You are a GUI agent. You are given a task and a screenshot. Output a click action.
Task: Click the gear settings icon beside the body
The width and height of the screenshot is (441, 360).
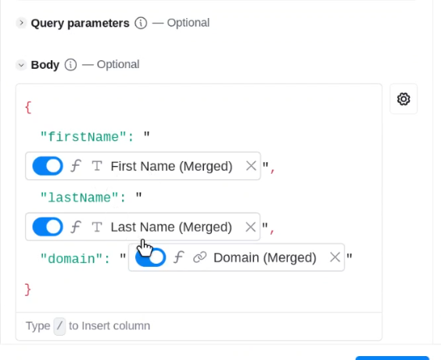pyautogui.click(x=403, y=99)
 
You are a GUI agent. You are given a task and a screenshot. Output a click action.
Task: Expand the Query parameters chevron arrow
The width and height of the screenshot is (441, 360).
pyautogui.click(x=21, y=23)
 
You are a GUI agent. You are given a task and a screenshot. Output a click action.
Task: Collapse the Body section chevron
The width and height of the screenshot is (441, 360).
pyautogui.click(x=21, y=65)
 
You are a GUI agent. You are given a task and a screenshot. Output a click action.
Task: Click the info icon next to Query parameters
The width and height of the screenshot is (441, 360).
pyautogui.click(x=141, y=23)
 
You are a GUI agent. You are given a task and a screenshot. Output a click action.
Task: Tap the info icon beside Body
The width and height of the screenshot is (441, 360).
pyautogui.click(x=70, y=65)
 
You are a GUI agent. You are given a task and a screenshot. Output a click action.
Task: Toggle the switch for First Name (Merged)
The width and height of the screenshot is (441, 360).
pyautogui.click(x=48, y=166)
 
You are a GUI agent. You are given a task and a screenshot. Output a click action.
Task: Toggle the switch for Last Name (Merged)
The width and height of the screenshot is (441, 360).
pyautogui.click(x=48, y=227)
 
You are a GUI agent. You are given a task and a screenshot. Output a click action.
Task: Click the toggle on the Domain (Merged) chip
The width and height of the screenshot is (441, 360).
pyautogui.click(x=150, y=257)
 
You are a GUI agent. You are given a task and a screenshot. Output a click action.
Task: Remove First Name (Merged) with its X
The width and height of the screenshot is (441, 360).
pyautogui.click(x=251, y=166)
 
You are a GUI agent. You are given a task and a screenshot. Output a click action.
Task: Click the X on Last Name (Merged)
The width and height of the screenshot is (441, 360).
pyautogui.click(x=250, y=227)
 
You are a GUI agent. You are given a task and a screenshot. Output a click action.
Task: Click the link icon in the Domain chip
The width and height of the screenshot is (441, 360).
pyautogui.click(x=199, y=257)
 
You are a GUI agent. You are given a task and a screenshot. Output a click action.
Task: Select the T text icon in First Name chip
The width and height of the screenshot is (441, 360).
pyautogui.click(x=97, y=166)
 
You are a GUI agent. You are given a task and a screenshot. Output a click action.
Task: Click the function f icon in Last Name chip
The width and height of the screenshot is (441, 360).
pyautogui.click(x=76, y=227)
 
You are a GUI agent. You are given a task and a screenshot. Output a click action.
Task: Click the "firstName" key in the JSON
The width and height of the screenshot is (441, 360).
pyautogui.click(x=84, y=137)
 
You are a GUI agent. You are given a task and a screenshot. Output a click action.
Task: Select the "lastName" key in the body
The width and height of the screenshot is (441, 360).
pyautogui.click(x=80, y=197)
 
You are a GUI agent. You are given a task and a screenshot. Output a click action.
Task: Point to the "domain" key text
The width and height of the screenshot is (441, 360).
pyautogui.click(x=72, y=259)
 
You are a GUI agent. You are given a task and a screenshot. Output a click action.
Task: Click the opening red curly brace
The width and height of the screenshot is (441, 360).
pyautogui.click(x=28, y=107)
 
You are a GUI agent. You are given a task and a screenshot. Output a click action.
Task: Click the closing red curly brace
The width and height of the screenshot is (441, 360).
pyautogui.click(x=27, y=290)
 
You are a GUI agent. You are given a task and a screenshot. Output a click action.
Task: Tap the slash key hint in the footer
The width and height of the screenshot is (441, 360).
pyautogui.click(x=59, y=326)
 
